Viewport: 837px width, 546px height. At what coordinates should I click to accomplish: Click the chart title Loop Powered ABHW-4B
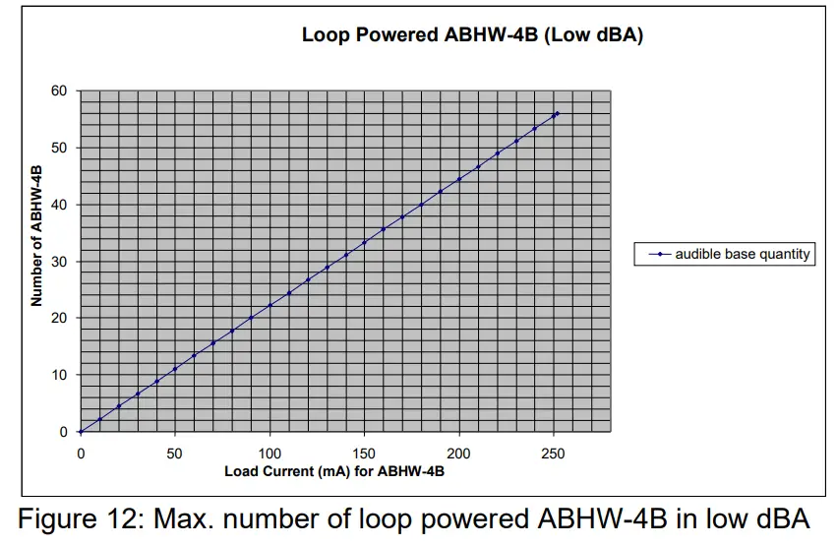472,35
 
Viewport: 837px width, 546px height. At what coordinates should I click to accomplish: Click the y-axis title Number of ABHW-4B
36,236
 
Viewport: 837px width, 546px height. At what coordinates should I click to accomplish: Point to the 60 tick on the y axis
59,91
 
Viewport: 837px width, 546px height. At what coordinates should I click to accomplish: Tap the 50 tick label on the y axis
59,148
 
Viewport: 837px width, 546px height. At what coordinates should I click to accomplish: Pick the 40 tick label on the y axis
59,205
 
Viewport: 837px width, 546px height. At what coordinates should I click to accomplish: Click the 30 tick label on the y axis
59,262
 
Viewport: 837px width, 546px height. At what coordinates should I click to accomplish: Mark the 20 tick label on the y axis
59,318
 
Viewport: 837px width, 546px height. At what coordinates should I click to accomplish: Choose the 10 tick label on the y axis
59,375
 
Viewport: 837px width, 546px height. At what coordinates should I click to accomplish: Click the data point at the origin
81,432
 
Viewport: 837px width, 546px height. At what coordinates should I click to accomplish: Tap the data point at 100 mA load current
270,305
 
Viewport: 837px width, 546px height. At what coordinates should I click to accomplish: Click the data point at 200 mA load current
459,179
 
